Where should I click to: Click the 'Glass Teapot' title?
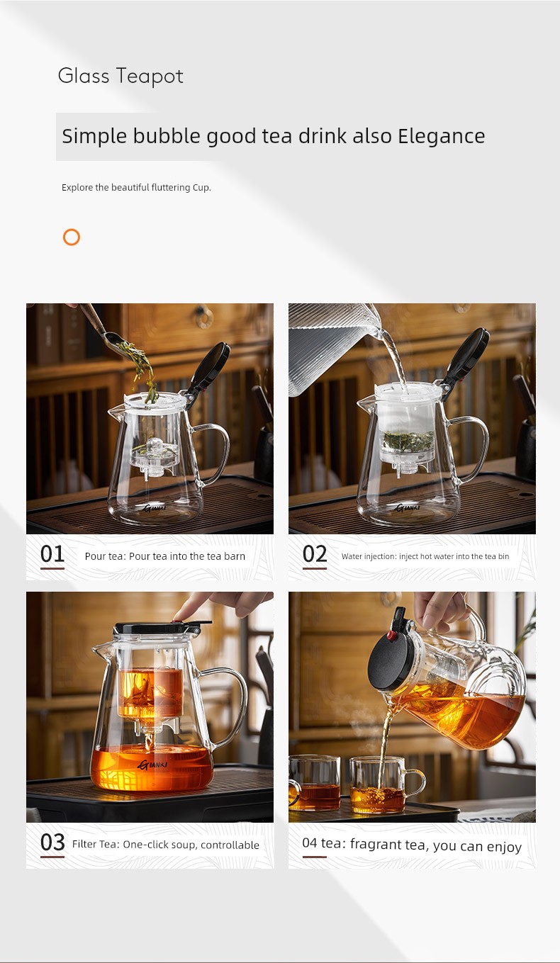121,76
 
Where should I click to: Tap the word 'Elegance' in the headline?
442,136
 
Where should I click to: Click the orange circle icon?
72,237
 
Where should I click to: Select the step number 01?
52,554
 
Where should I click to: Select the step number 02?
315,554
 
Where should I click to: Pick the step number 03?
52,843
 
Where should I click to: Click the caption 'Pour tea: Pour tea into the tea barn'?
164,556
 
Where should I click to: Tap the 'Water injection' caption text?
369,556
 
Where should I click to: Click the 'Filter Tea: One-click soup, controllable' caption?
166,845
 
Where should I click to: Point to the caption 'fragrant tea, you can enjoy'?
436,845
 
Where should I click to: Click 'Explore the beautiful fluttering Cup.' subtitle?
136,188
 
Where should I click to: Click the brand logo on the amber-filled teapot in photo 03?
152,765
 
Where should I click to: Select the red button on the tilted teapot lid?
392,636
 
